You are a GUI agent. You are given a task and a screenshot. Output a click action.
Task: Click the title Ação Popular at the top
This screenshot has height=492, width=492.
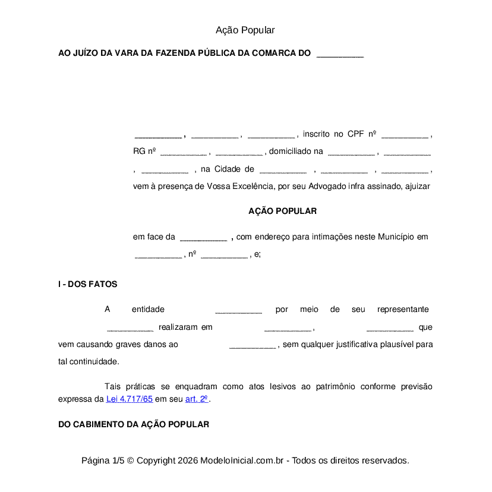coord(245,30)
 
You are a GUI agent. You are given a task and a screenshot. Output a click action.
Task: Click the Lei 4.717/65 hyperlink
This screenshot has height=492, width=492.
coord(130,399)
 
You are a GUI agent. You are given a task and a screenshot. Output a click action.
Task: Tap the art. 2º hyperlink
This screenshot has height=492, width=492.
coord(197,399)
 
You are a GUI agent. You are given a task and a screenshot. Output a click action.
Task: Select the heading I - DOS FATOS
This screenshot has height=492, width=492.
coord(87,284)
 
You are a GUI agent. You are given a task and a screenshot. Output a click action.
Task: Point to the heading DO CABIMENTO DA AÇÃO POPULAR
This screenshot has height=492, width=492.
coord(133,424)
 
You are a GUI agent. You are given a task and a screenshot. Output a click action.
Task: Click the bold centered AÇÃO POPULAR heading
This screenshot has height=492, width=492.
coord(282,211)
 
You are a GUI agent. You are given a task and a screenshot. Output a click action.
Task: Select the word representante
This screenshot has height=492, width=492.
coord(403,310)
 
